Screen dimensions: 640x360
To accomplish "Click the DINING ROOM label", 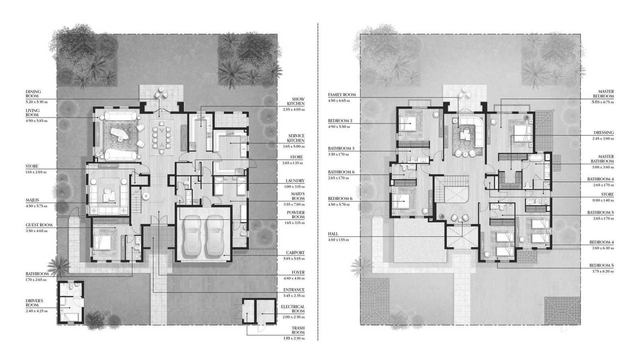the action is click(33, 94).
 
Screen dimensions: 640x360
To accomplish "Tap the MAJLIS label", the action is click(32, 200).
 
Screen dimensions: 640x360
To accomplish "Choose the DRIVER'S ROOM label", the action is click(34, 303).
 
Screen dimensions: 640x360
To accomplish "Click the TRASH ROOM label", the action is click(298, 330).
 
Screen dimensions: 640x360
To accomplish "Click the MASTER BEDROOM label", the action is click(606, 94).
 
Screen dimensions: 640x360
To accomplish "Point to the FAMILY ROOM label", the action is click(342, 95).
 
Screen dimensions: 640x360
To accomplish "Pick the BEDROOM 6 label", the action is click(340, 199).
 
